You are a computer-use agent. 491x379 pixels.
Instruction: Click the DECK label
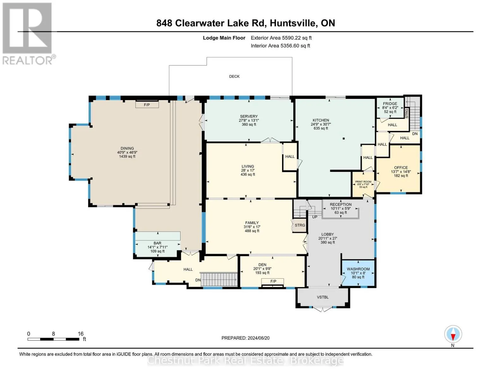pyautogui.click(x=234, y=76)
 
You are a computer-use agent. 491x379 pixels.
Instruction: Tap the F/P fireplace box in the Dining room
pyautogui.click(x=147, y=105)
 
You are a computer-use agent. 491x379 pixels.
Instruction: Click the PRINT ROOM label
pyautogui.click(x=363, y=182)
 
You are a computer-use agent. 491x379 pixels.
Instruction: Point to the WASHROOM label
pyautogui.click(x=358, y=269)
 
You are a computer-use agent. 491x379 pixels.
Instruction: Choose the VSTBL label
pyautogui.click(x=322, y=297)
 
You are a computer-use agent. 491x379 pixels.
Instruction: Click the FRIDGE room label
pyautogui.click(x=390, y=104)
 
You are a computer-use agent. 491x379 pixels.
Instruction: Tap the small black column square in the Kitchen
pyautogui.click(x=343, y=139)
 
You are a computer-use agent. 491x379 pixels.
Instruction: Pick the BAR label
pyautogui.click(x=157, y=243)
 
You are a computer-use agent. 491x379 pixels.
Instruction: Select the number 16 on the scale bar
pyautogui.click(x=80, y=334)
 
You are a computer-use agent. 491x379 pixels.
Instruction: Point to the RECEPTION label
pyautogui.click(x=341, y=204)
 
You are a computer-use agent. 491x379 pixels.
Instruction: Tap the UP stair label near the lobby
pyautogui.click(x=315, y=217)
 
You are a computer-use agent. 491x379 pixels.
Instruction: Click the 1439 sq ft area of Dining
pyautogui.click(x=127, y=156)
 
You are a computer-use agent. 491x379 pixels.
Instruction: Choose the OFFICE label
pyautogui.click(x=401, y=167)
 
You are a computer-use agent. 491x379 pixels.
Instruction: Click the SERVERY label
pyautogui.click(x=249, y=116)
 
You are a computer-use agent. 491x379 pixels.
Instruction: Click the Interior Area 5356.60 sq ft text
pyautogui.click(x=280, y=45)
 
